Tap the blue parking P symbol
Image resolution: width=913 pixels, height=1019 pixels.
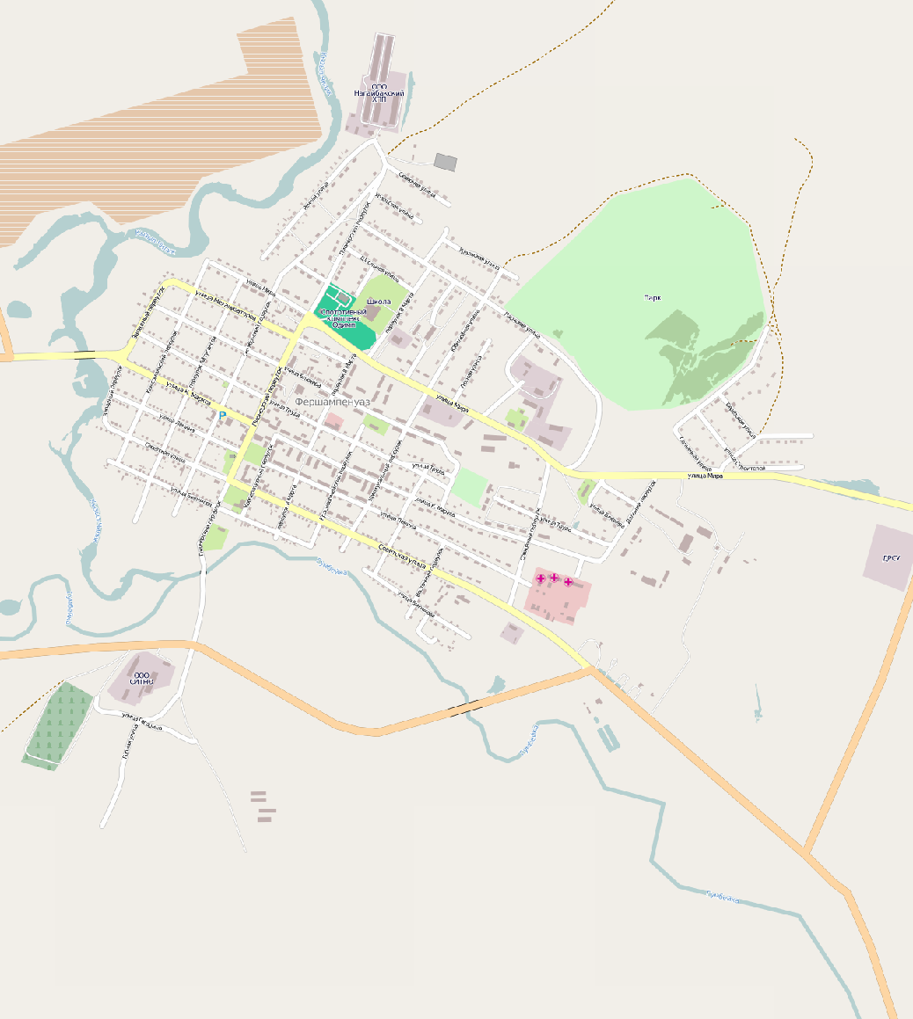(223, 415)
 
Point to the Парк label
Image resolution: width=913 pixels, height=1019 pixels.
(653, 298)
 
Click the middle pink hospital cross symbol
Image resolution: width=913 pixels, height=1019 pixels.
(554, 578)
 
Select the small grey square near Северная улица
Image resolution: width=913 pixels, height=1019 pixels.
(446, 162)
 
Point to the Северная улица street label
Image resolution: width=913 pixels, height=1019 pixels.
(417, 185)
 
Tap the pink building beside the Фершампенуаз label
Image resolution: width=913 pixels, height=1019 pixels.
(333, 422)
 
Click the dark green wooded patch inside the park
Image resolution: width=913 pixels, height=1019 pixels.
(695, 352)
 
